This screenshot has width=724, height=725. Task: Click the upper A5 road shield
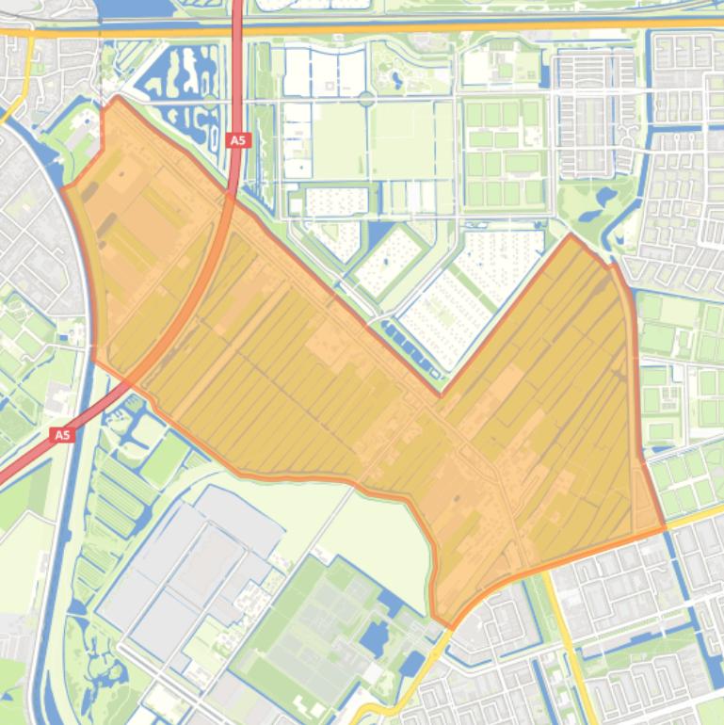pyautogui.click(x=238, y=140)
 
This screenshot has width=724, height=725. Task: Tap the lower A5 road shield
pyautogui.click(x=62, y=435)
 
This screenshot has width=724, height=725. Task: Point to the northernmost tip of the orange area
pyautogui.click(x=117, y=97)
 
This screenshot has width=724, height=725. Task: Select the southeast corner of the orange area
pyautogui.click(x=664, y=528)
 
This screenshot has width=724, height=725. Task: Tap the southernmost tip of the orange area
pyautogui.click(x=451, y=627)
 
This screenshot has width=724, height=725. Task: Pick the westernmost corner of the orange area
pyautogui.click(x=63, y=188)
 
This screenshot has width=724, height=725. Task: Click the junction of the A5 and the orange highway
pyautogui.click(x=236, y=29)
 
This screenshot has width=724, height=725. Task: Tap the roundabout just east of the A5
pyautogui.click(x=365, y=99)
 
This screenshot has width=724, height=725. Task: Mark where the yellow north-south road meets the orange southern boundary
pyautogui.click(x=549, y=563)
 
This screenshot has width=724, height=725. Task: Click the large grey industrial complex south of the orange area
pyautogui.click(x=188, y=565)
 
